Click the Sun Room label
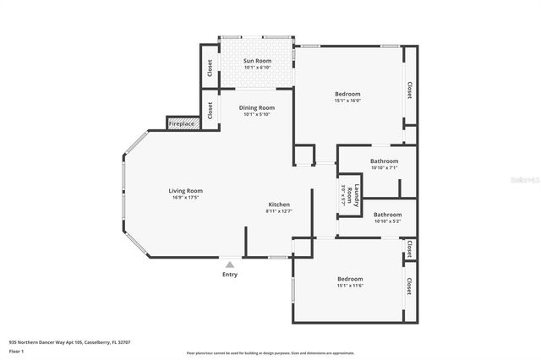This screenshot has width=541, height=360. (257, 61)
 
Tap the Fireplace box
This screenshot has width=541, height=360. (182, 123)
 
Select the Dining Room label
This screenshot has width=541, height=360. (257, 107)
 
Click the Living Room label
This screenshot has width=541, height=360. (185, 190)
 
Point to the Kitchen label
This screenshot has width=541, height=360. (279, 205)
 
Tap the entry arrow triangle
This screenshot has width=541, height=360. (229, 264)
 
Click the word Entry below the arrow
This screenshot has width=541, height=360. (229, 274)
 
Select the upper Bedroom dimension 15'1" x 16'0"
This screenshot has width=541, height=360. (347, 101)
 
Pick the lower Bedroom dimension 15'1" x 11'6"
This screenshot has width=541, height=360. (350, 286)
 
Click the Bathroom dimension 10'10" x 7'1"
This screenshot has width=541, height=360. (384, 167)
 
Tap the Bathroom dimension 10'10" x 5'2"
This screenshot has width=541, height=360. (387, 221)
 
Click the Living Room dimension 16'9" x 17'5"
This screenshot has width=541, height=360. (185, 198)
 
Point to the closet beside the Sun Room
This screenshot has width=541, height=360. (209, 68)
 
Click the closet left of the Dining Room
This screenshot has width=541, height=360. (209, 110)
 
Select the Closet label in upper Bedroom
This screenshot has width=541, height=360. (409, 90)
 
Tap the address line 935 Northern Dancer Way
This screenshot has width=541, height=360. (69, 342)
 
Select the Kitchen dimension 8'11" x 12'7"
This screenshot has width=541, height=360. (279, 212)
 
